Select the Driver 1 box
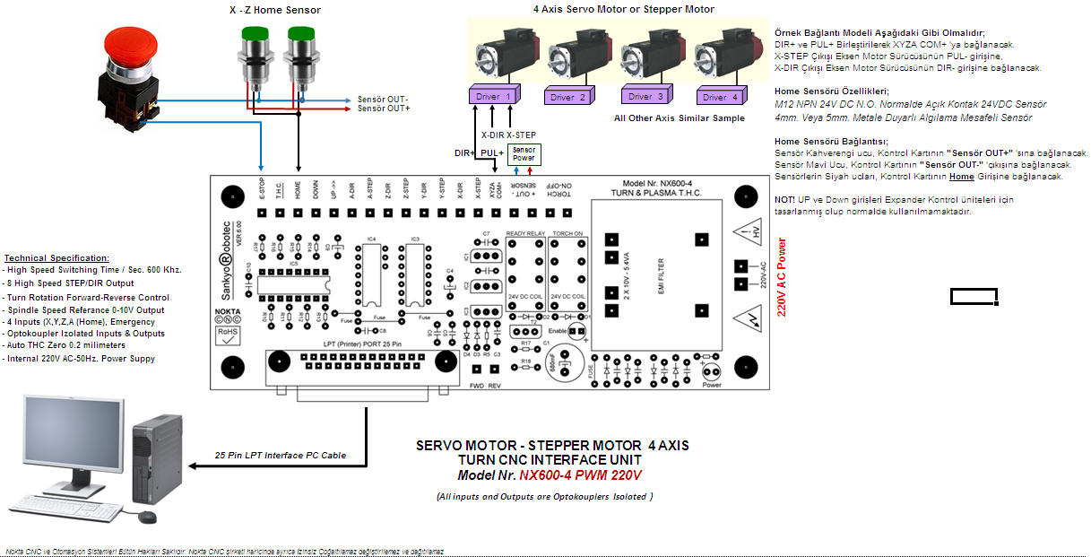[x=494, y=94]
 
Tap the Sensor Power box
[x=524, y=154]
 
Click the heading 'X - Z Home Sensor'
[x=274, y=11]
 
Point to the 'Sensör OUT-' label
[x=383, y=99]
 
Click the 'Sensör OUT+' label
[x=384, y=109]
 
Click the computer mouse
[x=144, y=517]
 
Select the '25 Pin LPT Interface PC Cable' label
[x=281, y=455]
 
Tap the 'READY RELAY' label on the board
[x=525, y=232]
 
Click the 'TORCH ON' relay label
[x=567, y=232]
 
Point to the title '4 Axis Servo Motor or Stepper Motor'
[x=625, y=10]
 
